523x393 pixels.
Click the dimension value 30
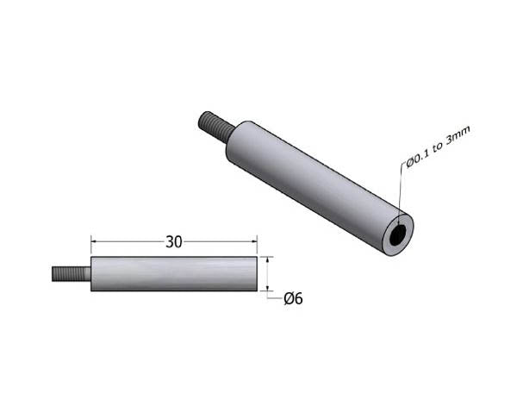[174, 242]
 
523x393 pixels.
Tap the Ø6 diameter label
[293, 299]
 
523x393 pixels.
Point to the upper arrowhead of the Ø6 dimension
[269, 259]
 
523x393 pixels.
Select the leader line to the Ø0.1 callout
[401, 194]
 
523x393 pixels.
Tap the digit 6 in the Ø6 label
[298, 299]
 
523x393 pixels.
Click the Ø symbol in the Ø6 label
[289, 299]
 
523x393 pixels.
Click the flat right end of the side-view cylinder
[257, 273]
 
